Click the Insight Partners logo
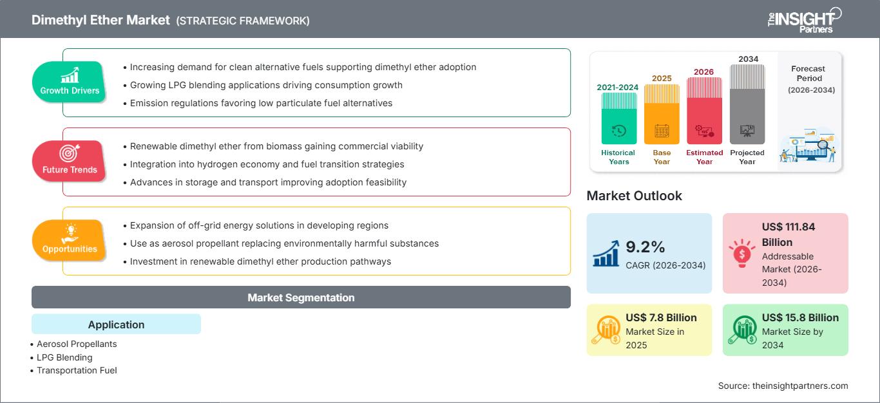point(805,20)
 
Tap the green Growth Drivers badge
point(70,82)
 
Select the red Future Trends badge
point(70,161)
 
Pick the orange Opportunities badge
point(70,240)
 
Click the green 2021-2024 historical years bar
point(618,118)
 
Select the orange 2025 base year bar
point(662,114)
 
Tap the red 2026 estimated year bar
point(704,111)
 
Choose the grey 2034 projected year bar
point(747,104)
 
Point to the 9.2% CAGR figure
point(645,247)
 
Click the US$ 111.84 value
point(789,227)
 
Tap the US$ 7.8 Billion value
point(661,317)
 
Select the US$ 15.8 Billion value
point(800,317)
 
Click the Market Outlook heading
point(634,196)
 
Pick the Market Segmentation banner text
point(301,297)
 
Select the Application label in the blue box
point(117,324)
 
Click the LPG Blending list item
point(64,357)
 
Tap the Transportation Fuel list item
point(77,370)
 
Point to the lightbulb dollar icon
point(741,253)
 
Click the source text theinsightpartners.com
point(800,386)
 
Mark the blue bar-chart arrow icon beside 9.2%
point(606,254)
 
